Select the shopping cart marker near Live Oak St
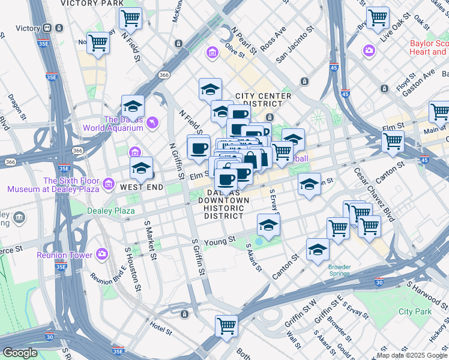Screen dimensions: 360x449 [378, 18]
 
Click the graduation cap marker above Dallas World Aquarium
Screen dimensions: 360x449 [133, 107]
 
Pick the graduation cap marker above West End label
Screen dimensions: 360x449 [142, 168]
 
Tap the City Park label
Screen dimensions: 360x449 [415, 311]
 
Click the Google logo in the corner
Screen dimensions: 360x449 [20, 353]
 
